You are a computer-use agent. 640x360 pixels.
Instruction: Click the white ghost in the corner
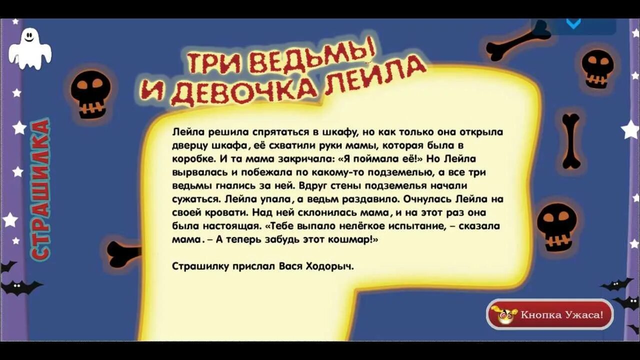pos(30,48)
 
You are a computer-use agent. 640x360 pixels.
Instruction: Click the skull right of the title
pos(597,68)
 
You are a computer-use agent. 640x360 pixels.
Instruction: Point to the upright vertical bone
pos(571,140)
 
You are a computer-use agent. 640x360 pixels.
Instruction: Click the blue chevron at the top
pos(573,23)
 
